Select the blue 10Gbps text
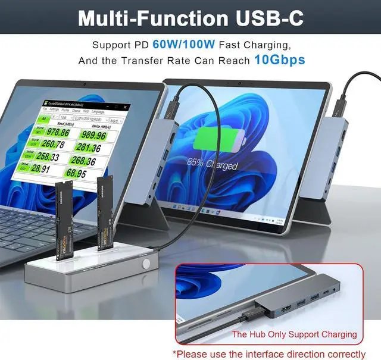tap(279, 60)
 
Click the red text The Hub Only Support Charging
tap(294, 334)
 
